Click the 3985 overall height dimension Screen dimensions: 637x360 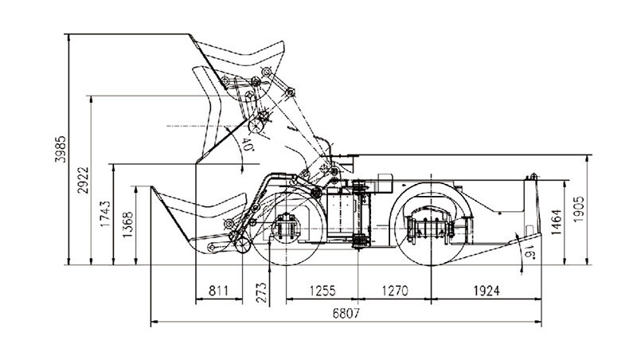[61, 149]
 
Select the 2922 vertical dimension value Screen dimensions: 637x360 [83, 180]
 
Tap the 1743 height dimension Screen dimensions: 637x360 [105, 213]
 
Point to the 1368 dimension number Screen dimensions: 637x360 [127, 225]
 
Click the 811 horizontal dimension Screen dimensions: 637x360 [218, 291]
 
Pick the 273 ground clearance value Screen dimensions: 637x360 [262, 292]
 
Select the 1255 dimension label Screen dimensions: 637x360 [322, 291]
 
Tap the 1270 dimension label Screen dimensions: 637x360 [395, 291]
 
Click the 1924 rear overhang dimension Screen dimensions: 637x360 [487, 291]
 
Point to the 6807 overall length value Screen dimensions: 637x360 [346, 313]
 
